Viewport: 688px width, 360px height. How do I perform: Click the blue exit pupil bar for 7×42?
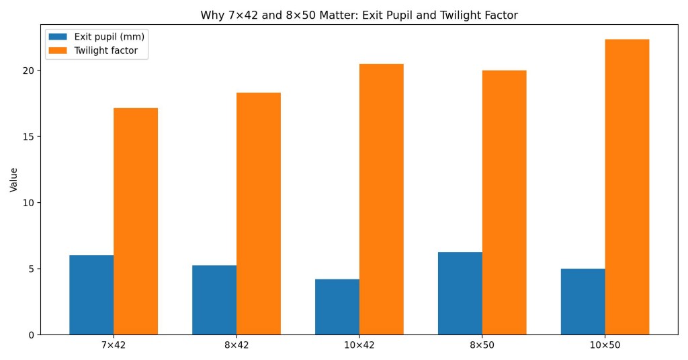[x=91, y=295]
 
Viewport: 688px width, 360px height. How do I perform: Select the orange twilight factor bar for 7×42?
[x=136, y=221]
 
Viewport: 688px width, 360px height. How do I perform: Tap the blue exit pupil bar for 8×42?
[x=214, y=300]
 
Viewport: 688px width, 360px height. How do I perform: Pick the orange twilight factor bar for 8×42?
[x=259, y=214]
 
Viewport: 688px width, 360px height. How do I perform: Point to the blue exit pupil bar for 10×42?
[x=337, y=307]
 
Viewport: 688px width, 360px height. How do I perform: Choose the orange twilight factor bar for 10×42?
[x=382, y=199]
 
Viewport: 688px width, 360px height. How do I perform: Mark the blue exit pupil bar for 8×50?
[x=460, y=293]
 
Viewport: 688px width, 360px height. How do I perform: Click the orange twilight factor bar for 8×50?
[x=505, y=202]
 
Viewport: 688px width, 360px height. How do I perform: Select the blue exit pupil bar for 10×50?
[x=583, y=302]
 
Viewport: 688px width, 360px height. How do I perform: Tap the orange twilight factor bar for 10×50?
[x=628, y=187]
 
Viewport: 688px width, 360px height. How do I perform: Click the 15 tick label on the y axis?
[x=29, y=136]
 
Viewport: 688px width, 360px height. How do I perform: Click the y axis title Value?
[x=14, y=180]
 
